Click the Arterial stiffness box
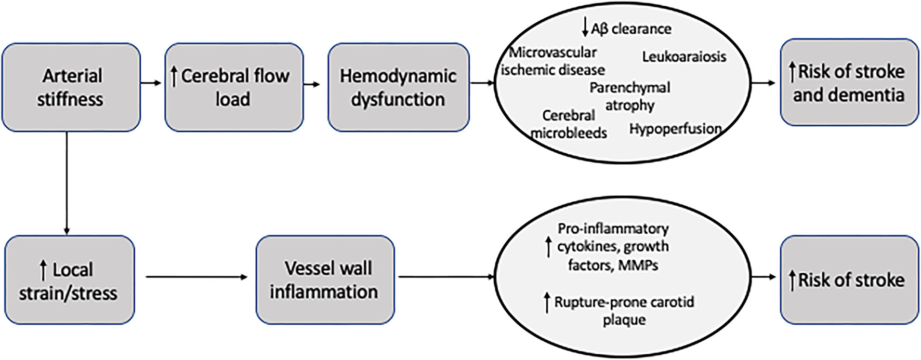tap(71, 87)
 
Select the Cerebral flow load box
tap(234, 87)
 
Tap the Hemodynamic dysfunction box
tap(398, 87)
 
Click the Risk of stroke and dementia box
tap(849, 83)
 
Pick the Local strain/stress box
tap(69, 281)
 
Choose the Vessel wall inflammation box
tap(325, 281)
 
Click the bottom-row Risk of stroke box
tap(849, 281)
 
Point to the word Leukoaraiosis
tap(684, 57)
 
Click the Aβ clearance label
tap(631, 29)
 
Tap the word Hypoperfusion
tap(675, 128)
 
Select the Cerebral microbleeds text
tap(569, 124)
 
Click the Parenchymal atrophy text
tap(629, 96)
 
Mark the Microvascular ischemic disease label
tap(552, 61)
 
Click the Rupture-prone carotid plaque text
tap(624, 311)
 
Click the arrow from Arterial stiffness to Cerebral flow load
tap(151, 83)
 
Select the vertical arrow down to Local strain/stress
tap(67, 182)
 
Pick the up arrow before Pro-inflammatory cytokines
tap(547, 246)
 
